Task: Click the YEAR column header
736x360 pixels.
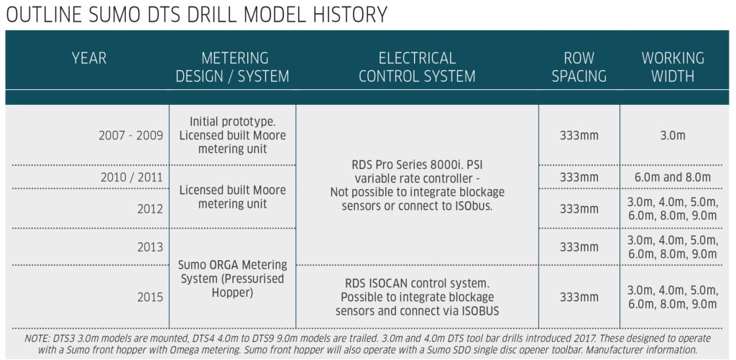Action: pyautogui.click(x=89, y=58)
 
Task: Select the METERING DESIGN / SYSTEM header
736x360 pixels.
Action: pyautogui.click(x=232, y=67)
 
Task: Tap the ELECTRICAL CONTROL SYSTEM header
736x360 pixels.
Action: pyautogui.click(x=417, y=67)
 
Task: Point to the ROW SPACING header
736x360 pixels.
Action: pyautogui.click(x=579, y=67)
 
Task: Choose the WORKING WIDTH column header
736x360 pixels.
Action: pyautogui.click(x=673, y=67)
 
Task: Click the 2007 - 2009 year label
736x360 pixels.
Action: pyautogui.click(x=131, y=136)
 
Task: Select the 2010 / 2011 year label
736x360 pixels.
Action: pyautogui.click(x=132, y=177)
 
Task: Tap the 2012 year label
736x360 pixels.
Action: pyautogui.click(x=150, y=209)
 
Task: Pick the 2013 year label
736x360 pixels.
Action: pyautogui.click(x=150, y=247)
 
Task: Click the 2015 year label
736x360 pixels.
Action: pyautogui.click(x=150, y=297)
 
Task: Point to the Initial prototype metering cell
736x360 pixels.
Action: pyautogui.click(x=232, y=136)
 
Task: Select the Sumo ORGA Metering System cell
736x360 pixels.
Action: pyautogui.click(x=232, y=279)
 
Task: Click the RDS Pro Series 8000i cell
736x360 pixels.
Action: pyautogui.click(x=418, y=185)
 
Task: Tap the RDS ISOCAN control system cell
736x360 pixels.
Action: pyautogui.click(x=418, y=297)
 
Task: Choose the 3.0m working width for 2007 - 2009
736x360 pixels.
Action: pyautogui.click(x=673, y=136)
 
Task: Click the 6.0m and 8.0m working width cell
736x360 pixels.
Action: pyautogui.click(x=673, y=177)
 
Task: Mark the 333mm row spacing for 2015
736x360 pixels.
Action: pyautogui.click(x=579, y=297)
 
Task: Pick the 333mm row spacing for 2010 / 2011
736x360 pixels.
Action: pyautogui.click(x=579, y=177)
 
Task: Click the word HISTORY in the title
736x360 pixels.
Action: pyautogui.click(x=346, y=14)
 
